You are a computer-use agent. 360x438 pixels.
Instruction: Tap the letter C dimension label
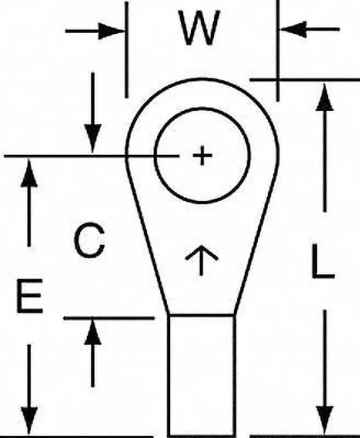coord(89,241)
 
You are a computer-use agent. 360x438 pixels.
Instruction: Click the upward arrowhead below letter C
coord(93,333)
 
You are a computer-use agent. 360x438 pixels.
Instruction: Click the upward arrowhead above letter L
coord(323,98)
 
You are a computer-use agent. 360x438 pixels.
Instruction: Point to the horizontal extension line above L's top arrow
coord(304,80)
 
